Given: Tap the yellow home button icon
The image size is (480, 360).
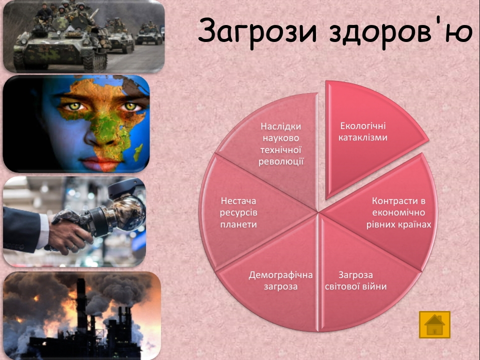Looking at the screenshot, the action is pyautogui.click(x=434, y=324).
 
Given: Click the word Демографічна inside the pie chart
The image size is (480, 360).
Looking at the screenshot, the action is pyautogui.click(x=280, y=275).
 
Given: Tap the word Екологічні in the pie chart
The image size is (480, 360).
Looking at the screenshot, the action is pyautogui.click(x=363, y=126).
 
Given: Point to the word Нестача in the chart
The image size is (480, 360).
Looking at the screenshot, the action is pyautogui.click(x=238, y=201).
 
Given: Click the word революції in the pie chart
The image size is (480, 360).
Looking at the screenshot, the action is pyautogui.click(x=280, y=161).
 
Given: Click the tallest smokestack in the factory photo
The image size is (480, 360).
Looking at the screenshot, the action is pyautogui.click(x=81, y=309).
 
